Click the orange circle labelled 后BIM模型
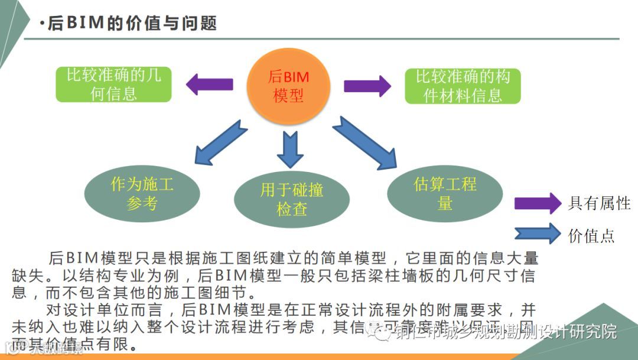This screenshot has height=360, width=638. pyautogui.click(x=289, y=85)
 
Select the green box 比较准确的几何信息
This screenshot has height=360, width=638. pyautogui.click(x=114, y=85)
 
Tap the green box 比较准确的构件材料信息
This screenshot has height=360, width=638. pyautogui.click(x=463, y=86)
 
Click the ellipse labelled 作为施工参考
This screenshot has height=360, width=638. pyautogui.click(x=142, y=193)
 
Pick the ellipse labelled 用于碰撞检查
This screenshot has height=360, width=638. pyautogui.click(x=292, y=198)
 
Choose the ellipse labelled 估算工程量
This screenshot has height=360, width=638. pyautogui.click(x=445, y=193)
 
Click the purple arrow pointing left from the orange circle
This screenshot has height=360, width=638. pyautogui.click(x=209, y=85)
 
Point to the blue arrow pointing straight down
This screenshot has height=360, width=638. pyautogui.click(x=290, y=149)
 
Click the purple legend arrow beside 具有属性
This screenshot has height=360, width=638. pyautogui.click(x=537, y=203)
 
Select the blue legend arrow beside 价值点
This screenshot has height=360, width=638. pyautogui.click(x=537, y=233)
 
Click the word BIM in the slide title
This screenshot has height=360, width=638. pyautogui.click(x=84, y=23)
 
